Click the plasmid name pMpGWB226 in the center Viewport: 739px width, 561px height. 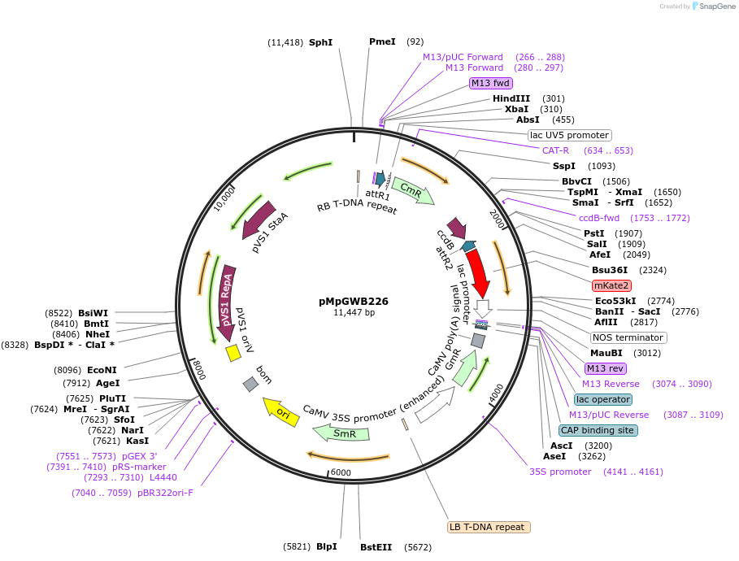354,301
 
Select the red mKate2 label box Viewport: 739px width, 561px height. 611,285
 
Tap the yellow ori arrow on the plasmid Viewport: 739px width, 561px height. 280,410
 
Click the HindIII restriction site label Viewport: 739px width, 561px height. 511,98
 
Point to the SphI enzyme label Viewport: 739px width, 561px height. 320,41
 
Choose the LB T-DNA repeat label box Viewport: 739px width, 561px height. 489,527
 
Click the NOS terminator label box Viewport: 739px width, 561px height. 628,337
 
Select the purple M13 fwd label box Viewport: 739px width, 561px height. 490,83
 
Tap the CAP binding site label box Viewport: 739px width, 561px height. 598,430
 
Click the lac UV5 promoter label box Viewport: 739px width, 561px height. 569,135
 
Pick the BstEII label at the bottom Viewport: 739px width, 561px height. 376,547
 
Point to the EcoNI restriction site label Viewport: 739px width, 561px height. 102,370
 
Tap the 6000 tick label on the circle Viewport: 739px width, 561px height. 340,472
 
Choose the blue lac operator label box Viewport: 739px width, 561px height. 602,399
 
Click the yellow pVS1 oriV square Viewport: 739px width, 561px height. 233,352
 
